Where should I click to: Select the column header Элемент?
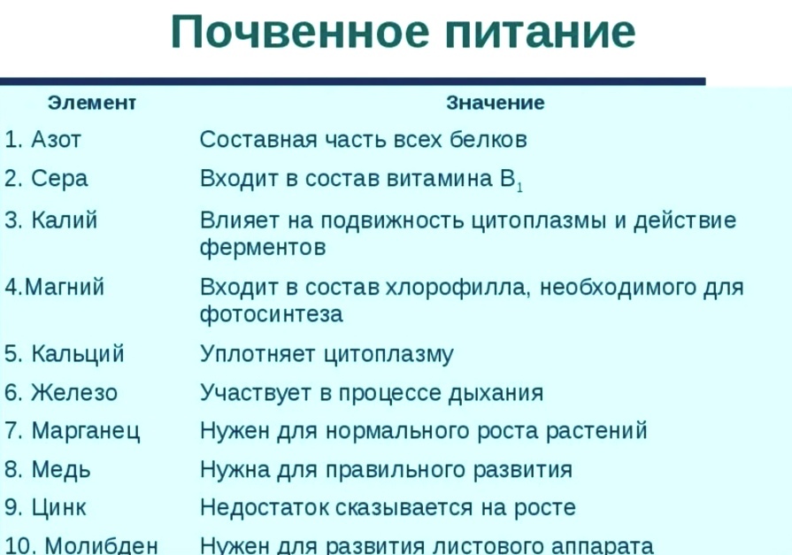pos(91,103)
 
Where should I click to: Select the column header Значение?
pos(496,103)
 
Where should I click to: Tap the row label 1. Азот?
pos(43,140)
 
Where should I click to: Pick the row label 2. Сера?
pos(47,179)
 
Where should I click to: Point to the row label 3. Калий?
pos(51,220)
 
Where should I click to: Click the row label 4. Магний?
pos(55,288)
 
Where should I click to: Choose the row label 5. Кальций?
pos(65,354)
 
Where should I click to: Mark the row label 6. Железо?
pos(61,392)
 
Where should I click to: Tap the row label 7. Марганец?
pos(73,431)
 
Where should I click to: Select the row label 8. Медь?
pos(49,469)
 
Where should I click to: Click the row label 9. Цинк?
pos(46,508)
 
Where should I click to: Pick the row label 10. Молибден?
pos(82,545)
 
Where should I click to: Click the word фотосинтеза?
pos(271,314)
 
